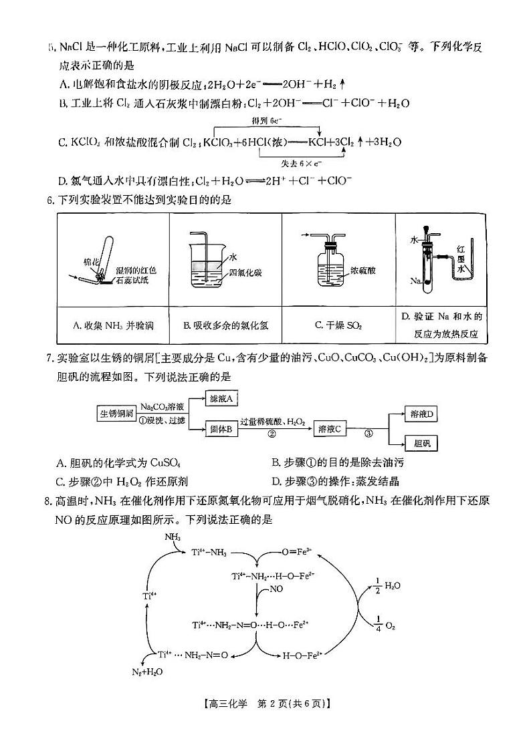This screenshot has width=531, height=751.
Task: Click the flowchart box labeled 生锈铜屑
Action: (117, 413)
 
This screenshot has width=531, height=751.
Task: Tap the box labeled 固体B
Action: (220, 430)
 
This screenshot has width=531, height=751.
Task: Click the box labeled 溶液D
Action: (422, 415)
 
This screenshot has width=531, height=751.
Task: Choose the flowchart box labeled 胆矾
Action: (423, 443)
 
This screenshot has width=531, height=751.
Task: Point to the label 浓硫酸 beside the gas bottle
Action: (362, 271)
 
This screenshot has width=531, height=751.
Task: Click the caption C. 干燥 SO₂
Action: (338, 325)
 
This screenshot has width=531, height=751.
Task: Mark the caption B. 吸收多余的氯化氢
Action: (225, 325)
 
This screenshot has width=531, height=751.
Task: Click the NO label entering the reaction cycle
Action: (278, 590)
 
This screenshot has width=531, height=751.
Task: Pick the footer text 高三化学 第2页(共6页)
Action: (265, 720)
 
